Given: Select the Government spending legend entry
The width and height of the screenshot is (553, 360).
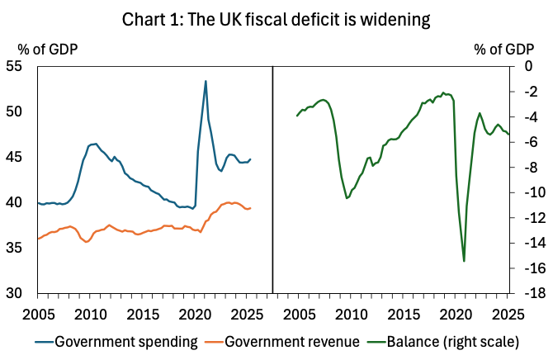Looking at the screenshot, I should click(116, 341).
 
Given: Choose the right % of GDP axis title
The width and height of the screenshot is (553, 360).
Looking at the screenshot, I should click(504, 48).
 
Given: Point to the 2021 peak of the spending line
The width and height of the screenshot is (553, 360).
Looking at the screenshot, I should click(206, 81).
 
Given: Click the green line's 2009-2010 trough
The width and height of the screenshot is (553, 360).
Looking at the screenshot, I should click(347, 198).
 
